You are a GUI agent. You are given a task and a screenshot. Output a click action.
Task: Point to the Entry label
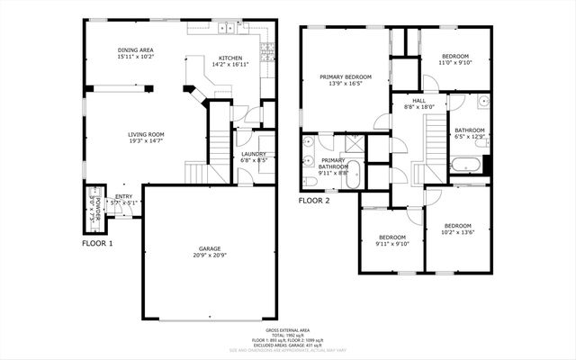coord(121,198)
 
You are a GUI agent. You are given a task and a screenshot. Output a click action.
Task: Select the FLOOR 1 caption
coord(97,243)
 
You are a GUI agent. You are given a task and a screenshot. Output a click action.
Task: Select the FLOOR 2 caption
coord(314,202)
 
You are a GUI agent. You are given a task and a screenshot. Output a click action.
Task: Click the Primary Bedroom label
coord(345,77)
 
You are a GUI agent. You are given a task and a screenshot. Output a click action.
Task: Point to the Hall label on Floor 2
coord(418,101)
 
